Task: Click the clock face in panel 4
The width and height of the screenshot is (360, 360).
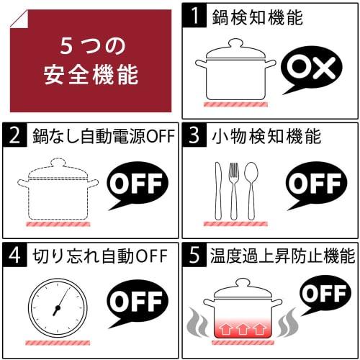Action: click(x=55, y=308)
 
